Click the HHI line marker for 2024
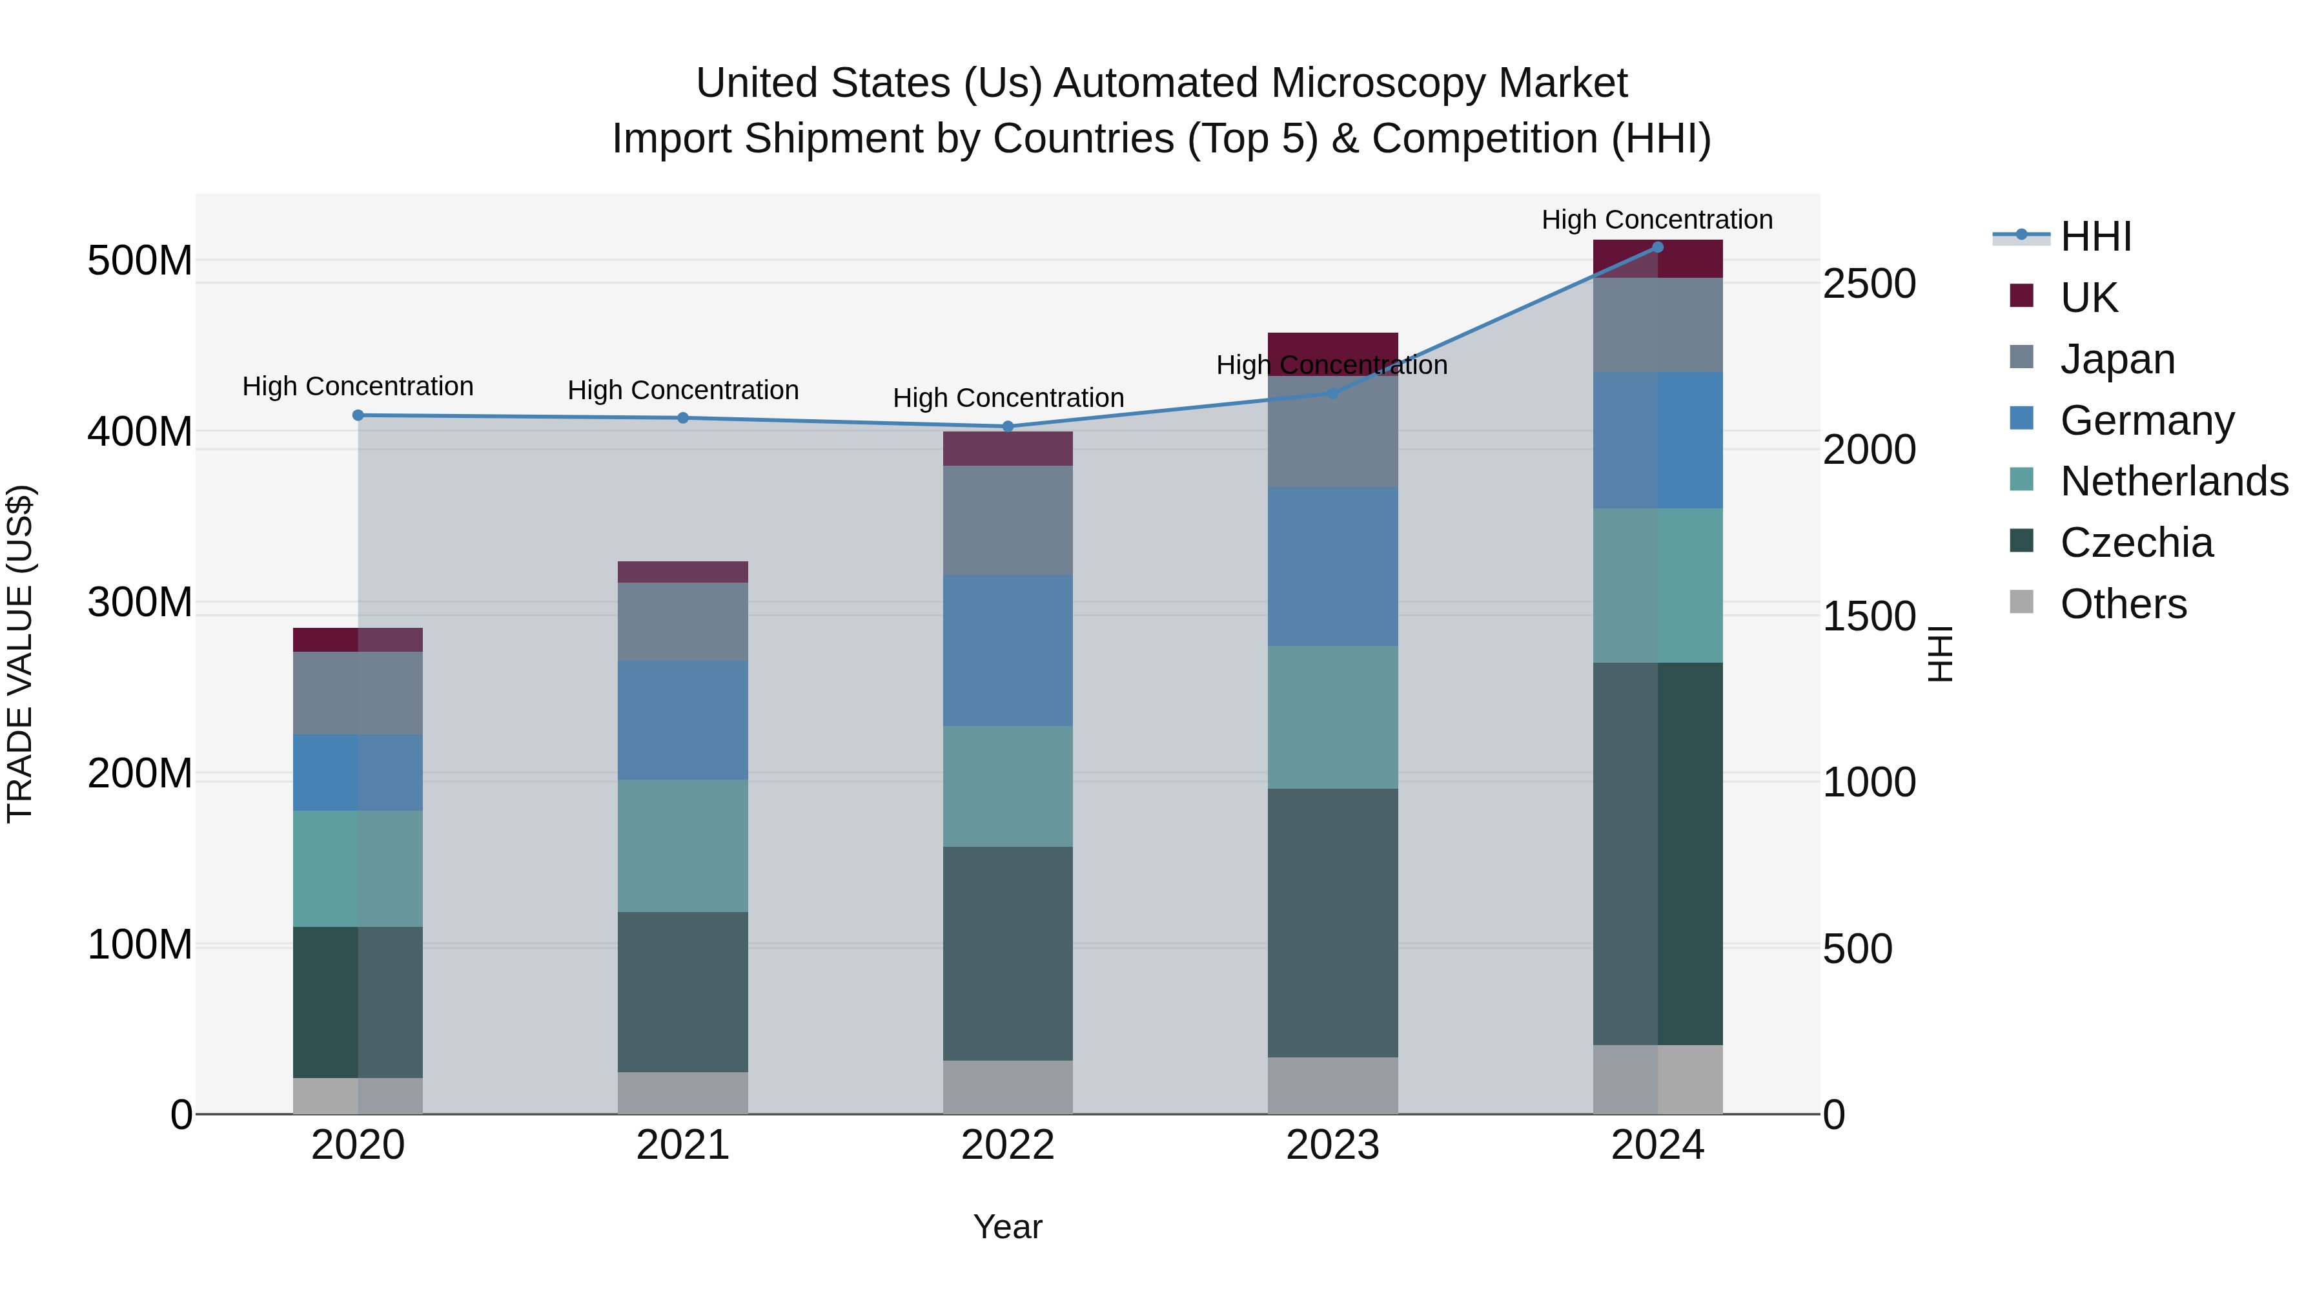1657,247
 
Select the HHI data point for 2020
358,415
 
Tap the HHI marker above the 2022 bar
1008,426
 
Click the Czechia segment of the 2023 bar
1332,922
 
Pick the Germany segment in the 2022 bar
1008,650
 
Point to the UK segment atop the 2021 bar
683,572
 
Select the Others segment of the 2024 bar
1657,1079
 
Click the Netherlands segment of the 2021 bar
683,846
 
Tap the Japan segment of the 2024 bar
1657,325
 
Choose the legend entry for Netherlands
2174,481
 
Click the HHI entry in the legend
2095,236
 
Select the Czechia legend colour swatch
2022,542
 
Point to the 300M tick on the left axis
140,602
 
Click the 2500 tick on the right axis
1870,284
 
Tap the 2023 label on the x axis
1332,1145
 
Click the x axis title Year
1008,1227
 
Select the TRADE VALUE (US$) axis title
20,654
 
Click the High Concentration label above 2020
358,386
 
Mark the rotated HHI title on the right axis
1941,654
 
